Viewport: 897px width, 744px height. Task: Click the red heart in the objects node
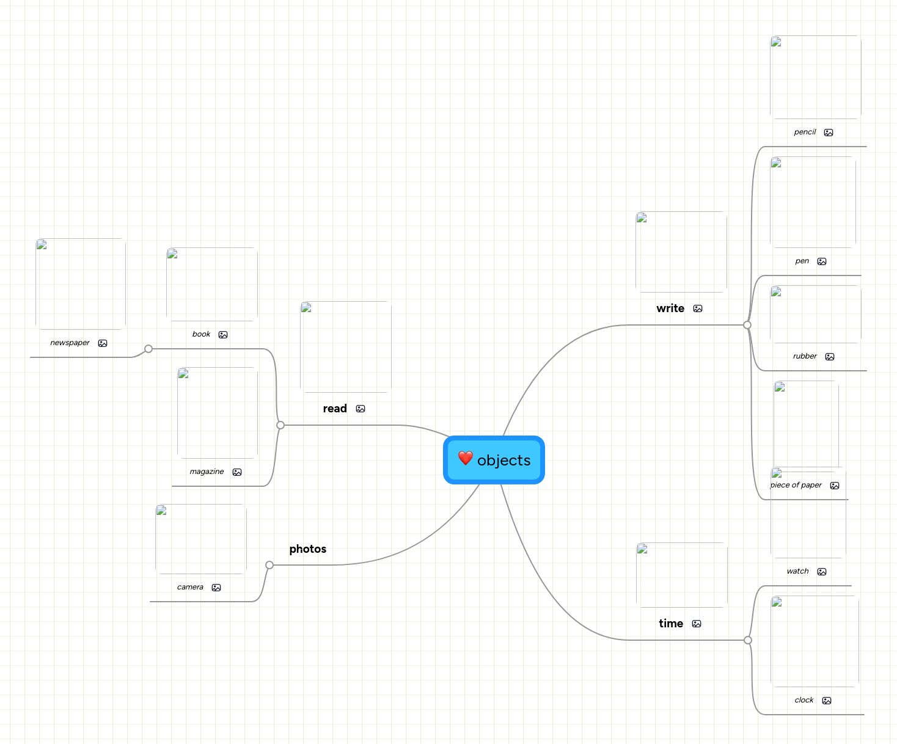(466, 458)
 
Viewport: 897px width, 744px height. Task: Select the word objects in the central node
(503, 461)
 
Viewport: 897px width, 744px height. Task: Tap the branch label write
(670, 308)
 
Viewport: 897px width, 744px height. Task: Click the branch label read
(335, 409)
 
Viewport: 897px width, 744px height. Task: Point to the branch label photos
(308, 549)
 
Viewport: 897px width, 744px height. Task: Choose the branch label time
(671, 624)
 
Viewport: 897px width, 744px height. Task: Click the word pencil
(805, 132)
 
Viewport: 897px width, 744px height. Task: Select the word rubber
(805, 356)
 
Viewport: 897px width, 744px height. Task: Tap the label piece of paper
(797, 485)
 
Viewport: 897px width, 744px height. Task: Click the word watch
(797, 571)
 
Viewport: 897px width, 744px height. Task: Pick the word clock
(804, 700)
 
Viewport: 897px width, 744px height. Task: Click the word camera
(190, 587)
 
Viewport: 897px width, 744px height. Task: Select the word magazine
(207, 472)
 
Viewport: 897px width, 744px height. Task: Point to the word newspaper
(70, 343)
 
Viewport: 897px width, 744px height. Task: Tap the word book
(201, 334)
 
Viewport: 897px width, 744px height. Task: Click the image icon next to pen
(822, 261)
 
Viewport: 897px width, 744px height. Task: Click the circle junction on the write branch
(747, 325)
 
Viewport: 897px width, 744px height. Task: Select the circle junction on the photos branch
(269, 565)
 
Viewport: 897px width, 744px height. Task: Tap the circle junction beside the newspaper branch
(148, 349)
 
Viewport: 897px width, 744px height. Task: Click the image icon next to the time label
(697, 624)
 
